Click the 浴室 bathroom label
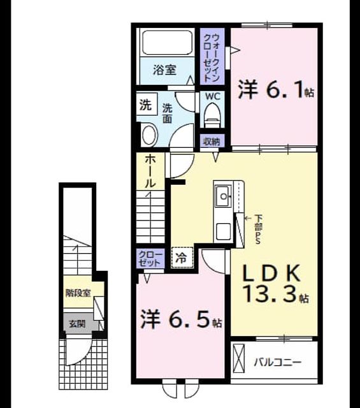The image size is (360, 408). [x=164, y=70]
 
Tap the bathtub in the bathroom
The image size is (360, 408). [x=167, y=43]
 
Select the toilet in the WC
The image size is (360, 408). [x=212, y=115]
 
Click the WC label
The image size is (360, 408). [x=213, y=96]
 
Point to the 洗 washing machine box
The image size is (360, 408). [x=147, y=105]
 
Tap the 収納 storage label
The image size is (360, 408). [x=212, y=142]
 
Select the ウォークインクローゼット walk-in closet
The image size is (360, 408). [x=212, y=56]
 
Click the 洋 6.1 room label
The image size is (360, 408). [x=276, y=90]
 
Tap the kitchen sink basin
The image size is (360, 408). [x=223, y=196]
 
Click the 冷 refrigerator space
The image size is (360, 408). [x=182, y=258]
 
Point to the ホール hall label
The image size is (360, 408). [x=150, y=171]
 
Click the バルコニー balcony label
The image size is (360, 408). [x=278, y=362]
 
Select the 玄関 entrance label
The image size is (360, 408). [x=78, y=324]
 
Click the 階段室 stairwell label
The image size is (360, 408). [x=78, y=293]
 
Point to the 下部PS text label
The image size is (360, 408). [x=258, y=229]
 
